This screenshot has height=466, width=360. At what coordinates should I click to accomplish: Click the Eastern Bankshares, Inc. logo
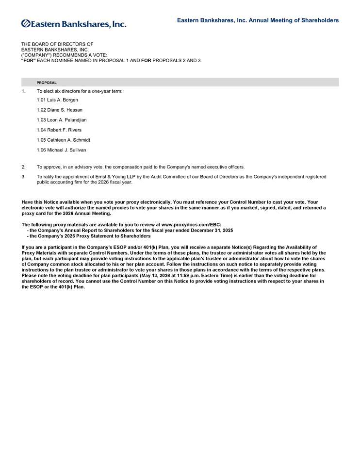point(74,23)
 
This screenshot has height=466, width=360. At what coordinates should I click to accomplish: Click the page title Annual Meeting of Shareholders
point(258,20)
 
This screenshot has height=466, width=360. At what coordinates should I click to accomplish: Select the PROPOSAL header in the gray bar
point(47,83)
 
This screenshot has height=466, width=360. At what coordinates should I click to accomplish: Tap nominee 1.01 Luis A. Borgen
point(57,100)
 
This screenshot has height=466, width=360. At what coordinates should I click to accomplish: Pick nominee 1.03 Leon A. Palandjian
point(62,120)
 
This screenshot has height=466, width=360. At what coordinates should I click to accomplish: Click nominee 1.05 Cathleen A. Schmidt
point(63,140)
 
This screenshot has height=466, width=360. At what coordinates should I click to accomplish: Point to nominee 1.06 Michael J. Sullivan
point(61,150)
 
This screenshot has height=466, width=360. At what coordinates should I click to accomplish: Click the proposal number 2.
point(23,167)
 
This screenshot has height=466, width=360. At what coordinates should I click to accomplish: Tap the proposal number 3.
point(23,177)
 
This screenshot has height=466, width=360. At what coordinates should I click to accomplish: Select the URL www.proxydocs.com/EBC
point(191,225)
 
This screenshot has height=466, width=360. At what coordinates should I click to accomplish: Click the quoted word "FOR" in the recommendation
point(28,60)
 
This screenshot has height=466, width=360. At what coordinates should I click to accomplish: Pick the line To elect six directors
point(79,91)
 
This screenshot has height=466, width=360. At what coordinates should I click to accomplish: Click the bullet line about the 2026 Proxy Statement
point(88,236)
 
